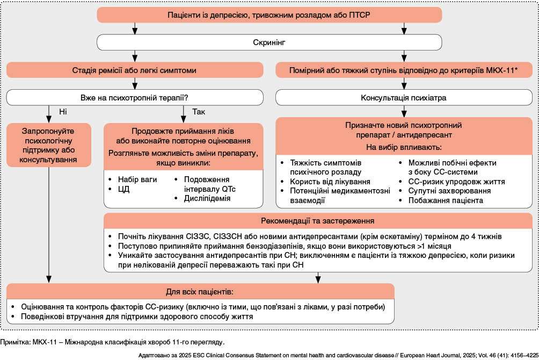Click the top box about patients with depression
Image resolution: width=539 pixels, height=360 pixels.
point(269,15)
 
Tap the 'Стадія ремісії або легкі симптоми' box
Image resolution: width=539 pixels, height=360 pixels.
point(134,70)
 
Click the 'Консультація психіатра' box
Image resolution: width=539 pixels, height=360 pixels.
point(404,98)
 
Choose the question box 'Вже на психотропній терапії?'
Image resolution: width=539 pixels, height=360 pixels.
point(134,98)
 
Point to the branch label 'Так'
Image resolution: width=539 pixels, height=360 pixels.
point(198,111)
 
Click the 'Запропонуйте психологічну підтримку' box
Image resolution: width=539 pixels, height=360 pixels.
point(48,145)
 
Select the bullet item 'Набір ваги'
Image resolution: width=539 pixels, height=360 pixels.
point(137,179)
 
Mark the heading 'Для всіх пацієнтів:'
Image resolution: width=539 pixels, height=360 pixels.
point(200,292)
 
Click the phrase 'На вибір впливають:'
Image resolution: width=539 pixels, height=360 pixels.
point(404,147)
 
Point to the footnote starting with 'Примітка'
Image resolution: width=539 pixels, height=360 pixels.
point(112,342)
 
